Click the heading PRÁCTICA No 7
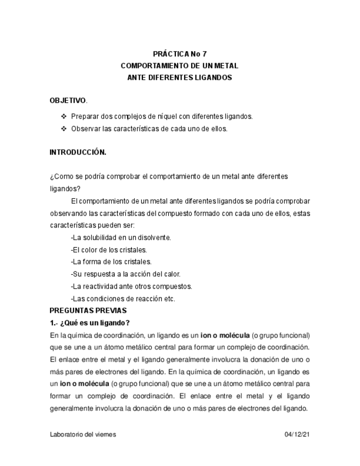click(179, 54)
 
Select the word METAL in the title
click(225, 66)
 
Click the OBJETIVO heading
click(68, 101)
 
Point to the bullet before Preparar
click(63, 116)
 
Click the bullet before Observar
click(63, 129)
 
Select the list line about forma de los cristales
click(111, 262)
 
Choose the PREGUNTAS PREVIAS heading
click(88, 310)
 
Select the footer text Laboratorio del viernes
click(82, 434)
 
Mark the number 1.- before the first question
click(53, 323)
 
